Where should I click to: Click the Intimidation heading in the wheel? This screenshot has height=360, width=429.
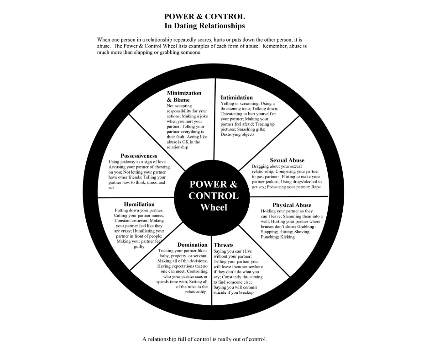coord(236,97)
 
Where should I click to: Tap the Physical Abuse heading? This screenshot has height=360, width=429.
coord(292,205)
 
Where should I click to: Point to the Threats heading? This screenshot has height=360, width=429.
coord(224,245)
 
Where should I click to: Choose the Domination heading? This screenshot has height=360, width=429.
coord(192,245)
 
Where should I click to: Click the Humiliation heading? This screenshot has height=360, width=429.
coord(139,204)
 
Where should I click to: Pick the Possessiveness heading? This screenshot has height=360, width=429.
coord(139,156)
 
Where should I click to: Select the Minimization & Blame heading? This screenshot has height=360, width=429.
coord(183,96)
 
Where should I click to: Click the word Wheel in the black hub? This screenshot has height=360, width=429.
coord(214,207)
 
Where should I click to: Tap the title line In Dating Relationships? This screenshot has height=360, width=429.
coord(204,26)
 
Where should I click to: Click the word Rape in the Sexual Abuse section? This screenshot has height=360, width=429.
coord(316,187)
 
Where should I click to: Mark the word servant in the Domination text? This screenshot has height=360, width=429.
coord(198,256)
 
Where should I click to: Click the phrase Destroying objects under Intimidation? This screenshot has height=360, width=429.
coord(237,135)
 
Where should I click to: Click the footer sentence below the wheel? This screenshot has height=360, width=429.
coord(204,339)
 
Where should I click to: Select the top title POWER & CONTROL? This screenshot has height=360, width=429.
coord(204,17)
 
